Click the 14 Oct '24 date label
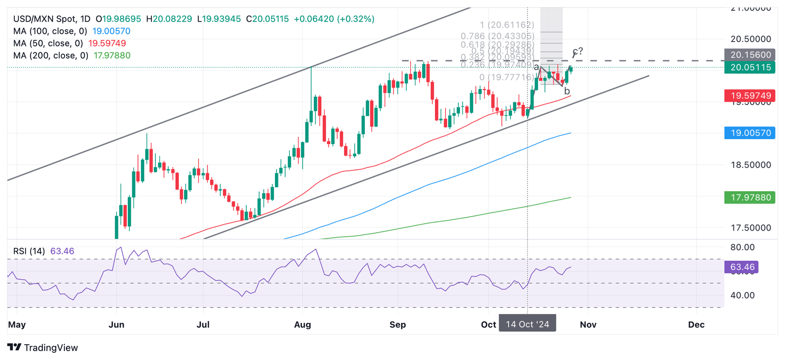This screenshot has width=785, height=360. pyautogui.click(x=527, y=325)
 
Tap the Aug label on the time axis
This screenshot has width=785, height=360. pyautogui.click(x=303, y=325)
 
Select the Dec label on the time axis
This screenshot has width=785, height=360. pyautogui.click(x=696, y=325)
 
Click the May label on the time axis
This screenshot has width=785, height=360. pyautogui.click(x=17, y=325)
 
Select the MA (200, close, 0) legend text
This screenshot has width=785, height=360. pyautogui.click(x=49, y=55)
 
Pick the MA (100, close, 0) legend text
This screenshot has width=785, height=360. pyautogui.click(x=49, y=31)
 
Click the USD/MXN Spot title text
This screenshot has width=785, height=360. pyautogui.click(x=42, y=19)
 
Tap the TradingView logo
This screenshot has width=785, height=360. pyautogui.click(x=43, y=348)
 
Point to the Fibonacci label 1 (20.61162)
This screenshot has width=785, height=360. pyautogui.click(x=506, y=25)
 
